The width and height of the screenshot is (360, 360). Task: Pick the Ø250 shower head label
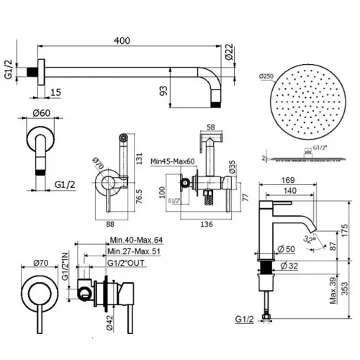[265, 75]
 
